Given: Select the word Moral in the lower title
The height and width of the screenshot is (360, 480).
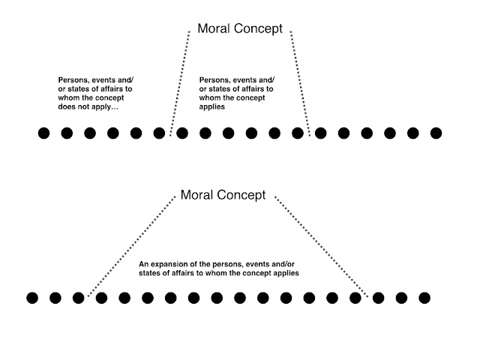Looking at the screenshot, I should click(x=198, y=196).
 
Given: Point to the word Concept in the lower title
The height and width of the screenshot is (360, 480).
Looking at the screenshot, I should click(x=242, y=196).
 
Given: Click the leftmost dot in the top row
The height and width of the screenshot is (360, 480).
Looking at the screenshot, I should click(x=43, y=133).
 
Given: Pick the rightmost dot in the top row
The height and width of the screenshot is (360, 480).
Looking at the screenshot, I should click(x=436, y=133).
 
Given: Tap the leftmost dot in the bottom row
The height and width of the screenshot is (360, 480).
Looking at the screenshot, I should click(x=32, y=298).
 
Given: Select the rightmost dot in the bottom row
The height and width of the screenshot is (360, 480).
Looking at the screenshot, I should click(x=424, y=298).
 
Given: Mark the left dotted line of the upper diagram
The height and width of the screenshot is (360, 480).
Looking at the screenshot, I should click(x=181, y=82).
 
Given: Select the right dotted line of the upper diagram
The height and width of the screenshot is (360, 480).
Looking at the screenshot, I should click(x=300, y=82).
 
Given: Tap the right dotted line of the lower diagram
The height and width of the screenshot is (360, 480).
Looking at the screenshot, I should click(x=322, y=247).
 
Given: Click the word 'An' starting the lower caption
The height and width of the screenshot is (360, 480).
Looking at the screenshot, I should click(x=145, y=265).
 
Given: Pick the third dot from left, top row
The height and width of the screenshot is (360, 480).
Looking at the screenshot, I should click(x=90, y=133).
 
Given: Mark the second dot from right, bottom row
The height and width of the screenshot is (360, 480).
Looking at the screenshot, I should click(x=401, y=298).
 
